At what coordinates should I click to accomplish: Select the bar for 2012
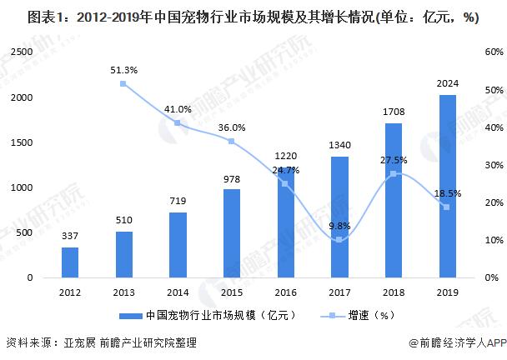pos(71,262)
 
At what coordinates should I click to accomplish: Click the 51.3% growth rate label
pos(123,69)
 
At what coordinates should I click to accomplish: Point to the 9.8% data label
pos(339,225)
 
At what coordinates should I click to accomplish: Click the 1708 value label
pos(394,111)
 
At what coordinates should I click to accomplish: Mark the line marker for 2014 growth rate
pos(178,123)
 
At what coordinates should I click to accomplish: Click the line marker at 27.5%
pos(394,173)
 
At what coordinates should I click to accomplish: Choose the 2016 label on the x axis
pos(286,292)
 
